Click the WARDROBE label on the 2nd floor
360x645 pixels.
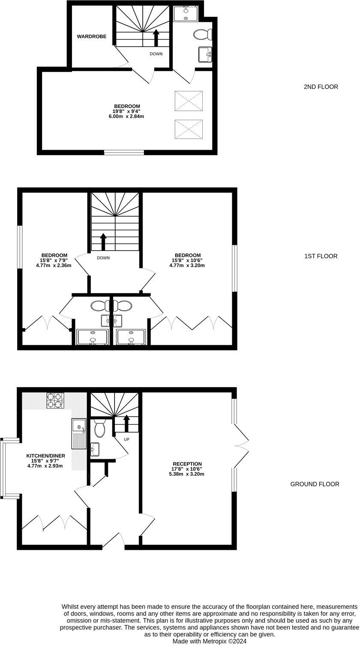(x=91, y=37)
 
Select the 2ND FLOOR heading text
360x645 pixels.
(x=321, y=87)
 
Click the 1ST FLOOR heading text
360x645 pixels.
(x=321, y=256)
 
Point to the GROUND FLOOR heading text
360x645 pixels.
(x=315, y=484)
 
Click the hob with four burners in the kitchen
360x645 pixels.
(x=55, y=401)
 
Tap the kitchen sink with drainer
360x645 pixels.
(x=79, y=433)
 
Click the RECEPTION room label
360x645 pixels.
(x=187, y=464)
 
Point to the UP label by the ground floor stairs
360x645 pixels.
(x=126, y=440)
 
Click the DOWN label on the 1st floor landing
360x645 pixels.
(x=103, y=258)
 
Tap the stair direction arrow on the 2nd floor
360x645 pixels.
(x=156, y=38)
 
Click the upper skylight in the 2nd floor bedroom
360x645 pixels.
(x=189, y=101)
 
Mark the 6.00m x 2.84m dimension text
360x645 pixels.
(x=126, y=116)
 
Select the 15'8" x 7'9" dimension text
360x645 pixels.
(x=54, y=260)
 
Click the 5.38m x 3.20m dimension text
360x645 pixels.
(x=187, y=474)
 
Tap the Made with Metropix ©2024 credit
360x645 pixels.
(x=210, y=641)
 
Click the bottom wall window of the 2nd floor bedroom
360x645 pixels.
(x=124, y=152)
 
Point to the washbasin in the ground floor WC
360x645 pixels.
(x=95, y=449)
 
